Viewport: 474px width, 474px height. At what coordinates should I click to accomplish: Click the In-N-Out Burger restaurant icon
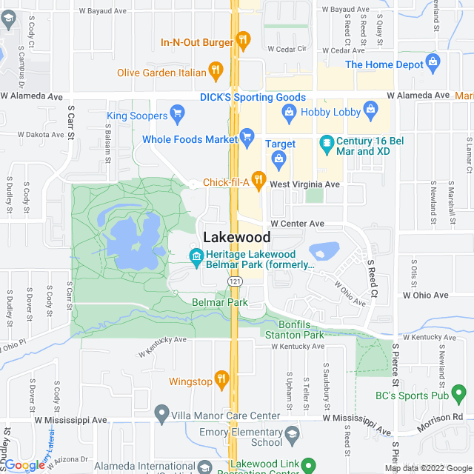[x=242, y=39]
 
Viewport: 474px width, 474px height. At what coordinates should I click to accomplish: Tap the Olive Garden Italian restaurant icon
[x=215, y=71]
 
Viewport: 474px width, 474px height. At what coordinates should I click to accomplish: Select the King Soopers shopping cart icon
[x=177, y=113]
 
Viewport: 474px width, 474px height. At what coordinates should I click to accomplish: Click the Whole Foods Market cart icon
[x=247, y=136]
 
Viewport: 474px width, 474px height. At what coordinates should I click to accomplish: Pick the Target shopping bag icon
[x=278, y=157]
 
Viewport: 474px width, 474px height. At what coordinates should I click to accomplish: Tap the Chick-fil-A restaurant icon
[x=258, y=178]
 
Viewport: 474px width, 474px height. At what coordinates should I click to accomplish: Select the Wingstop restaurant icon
[x=221, y=379]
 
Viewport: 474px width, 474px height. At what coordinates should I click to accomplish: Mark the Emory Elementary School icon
[x=292, y=434]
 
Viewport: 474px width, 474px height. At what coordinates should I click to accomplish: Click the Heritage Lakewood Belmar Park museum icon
[x=196, y=257]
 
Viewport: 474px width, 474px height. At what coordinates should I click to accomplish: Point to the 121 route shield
[x=235, y=282]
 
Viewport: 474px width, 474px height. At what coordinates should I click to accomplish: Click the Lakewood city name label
[x=236, y=237]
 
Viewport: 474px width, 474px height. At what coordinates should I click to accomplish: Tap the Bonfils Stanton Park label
[x=295, y=330]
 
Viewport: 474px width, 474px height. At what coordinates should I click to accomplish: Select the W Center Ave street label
[x=297, y=223]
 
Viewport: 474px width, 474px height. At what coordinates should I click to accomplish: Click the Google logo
[x=24, y=464]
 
